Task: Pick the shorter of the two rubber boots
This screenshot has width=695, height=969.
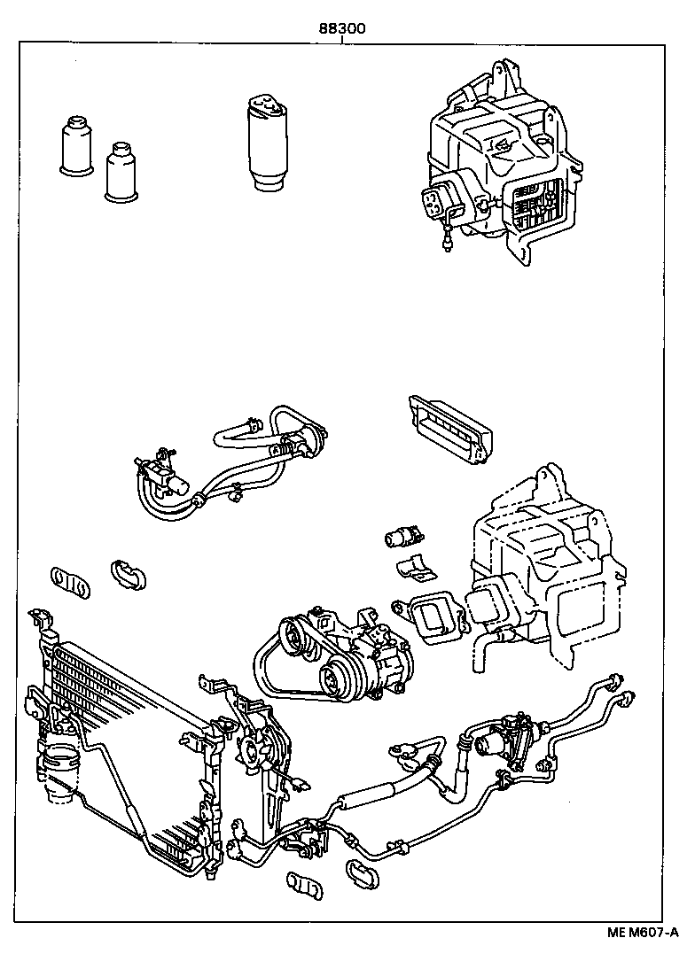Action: click(x=122, y=174)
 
